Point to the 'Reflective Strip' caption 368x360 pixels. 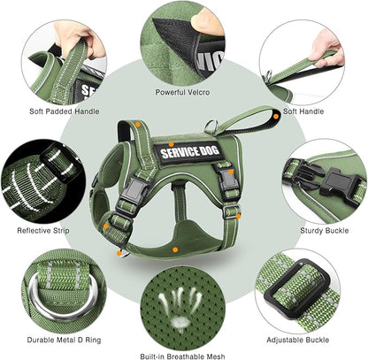click(x=46, y=231)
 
